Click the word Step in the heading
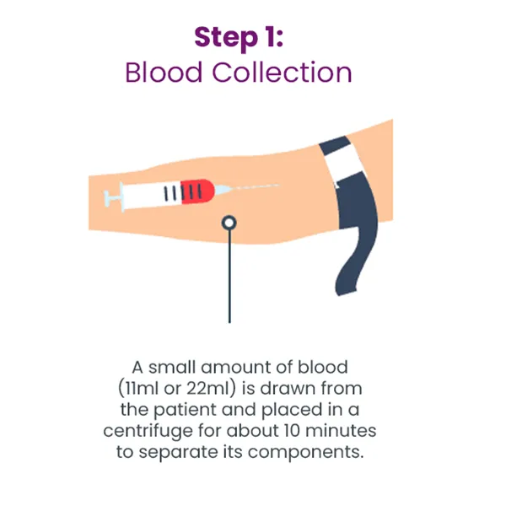tap(226, 39)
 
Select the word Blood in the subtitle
tap(164, 73)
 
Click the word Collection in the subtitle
tap(282, 73)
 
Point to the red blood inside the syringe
tap(197, 191)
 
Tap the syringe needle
tap(255, 186)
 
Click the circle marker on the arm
tap(229, 223)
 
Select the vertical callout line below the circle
tap(229, 277)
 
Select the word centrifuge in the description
tap(148, 431)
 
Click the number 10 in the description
tap(292, 431)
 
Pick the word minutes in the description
tap(341, 431)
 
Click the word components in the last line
tap(305, 452)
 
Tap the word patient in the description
tap(185, 410)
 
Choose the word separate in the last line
tap(178, 452)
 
